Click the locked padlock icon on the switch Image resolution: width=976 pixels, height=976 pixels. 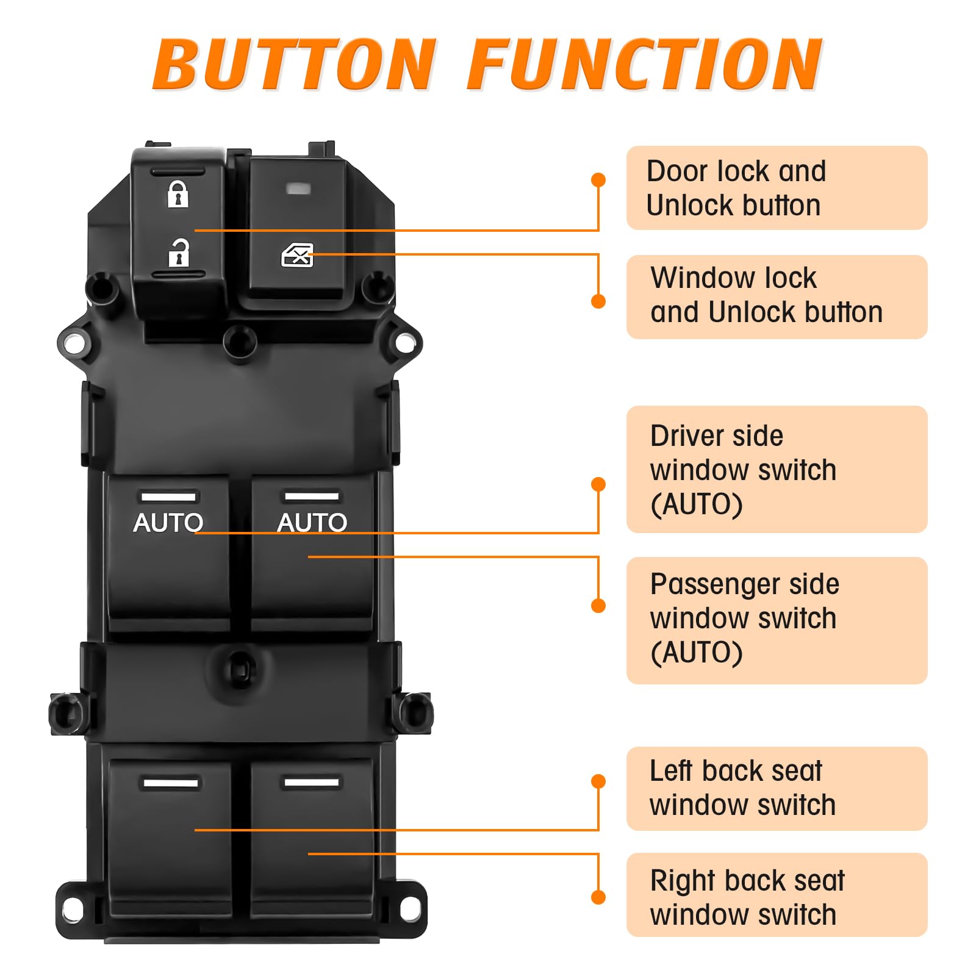click(x=178, y=194)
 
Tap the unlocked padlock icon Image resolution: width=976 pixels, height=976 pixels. click(x=179, y=253)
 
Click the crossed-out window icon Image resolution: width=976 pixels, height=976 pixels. click(x=297, y=256)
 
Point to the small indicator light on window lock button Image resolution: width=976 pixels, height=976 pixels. click(x=298, y=188)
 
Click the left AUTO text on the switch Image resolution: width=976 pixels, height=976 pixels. click(x=168, y=523)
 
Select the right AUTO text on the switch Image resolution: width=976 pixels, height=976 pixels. click(x=312, y=523)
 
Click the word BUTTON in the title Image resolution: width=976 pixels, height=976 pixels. click(x=294, y=64)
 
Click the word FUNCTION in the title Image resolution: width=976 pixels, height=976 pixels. click(x=645, y=64)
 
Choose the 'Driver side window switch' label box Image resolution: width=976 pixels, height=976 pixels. click(x=776, y=469)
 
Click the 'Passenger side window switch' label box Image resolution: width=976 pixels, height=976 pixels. click(x=776, y=620)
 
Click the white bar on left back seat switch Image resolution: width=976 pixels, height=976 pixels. click(x=170, y=783)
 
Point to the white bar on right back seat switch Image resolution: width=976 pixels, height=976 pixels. click(x=311, y=782)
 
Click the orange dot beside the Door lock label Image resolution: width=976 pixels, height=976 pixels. click(x=598, y=180)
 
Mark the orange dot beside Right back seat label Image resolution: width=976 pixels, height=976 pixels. click(x=598, y=897)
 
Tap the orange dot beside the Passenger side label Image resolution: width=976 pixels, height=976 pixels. click(x=598, y=606)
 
